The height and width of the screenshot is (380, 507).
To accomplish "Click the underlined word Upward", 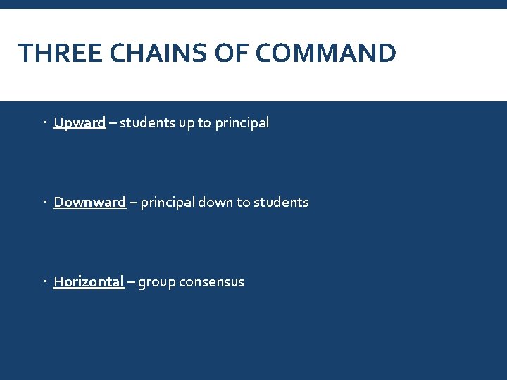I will (x=80, y=123).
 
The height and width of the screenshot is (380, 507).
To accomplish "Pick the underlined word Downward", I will (x=89, y=203).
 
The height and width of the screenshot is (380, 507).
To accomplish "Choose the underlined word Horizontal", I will (x=89, y=282).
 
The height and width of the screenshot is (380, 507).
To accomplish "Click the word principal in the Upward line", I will (x=242, y=124).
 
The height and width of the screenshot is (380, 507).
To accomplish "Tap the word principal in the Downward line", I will (x=168, y=203).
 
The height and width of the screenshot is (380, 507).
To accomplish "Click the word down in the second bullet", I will (x=215, y=203).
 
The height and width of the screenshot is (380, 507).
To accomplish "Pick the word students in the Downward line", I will (x=281, y=203).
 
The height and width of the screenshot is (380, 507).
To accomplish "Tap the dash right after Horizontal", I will (x=132, y=282).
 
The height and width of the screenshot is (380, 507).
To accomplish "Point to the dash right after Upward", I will (x=113, y=123).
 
